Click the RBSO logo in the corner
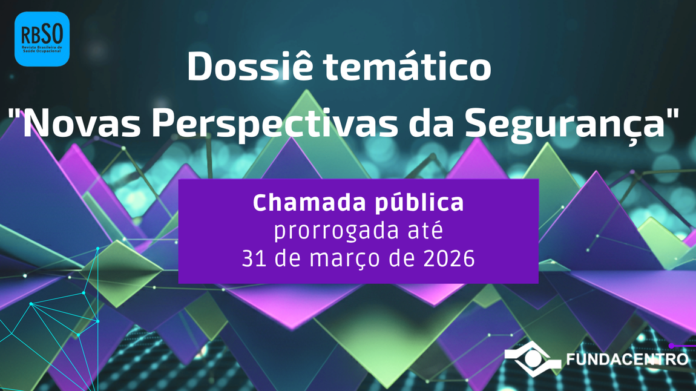pos(42,39)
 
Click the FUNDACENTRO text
pos(627,360)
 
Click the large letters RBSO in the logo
pos(42,32)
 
